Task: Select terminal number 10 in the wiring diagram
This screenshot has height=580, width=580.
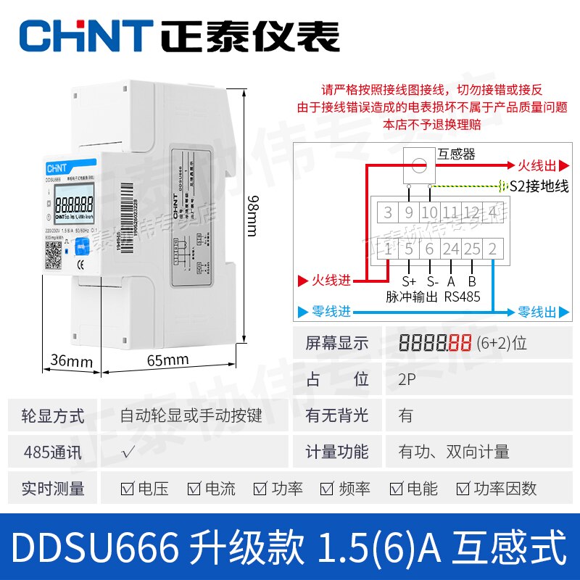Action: pos(430,213)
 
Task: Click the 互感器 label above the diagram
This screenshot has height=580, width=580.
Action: pos(457,154)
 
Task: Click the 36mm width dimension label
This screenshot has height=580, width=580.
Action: pos(72,360)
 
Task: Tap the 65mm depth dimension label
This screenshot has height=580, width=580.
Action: pos(167,360)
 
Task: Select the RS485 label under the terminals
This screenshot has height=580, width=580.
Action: pos(462,296)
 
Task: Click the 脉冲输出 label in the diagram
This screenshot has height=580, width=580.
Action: pos(412,296)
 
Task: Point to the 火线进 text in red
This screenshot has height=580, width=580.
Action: pos(331,279)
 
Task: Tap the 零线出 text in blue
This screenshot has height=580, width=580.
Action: pos(536,312)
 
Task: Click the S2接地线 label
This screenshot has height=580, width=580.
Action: pos(539,186)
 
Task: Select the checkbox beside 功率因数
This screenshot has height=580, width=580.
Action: pos(460,489)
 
